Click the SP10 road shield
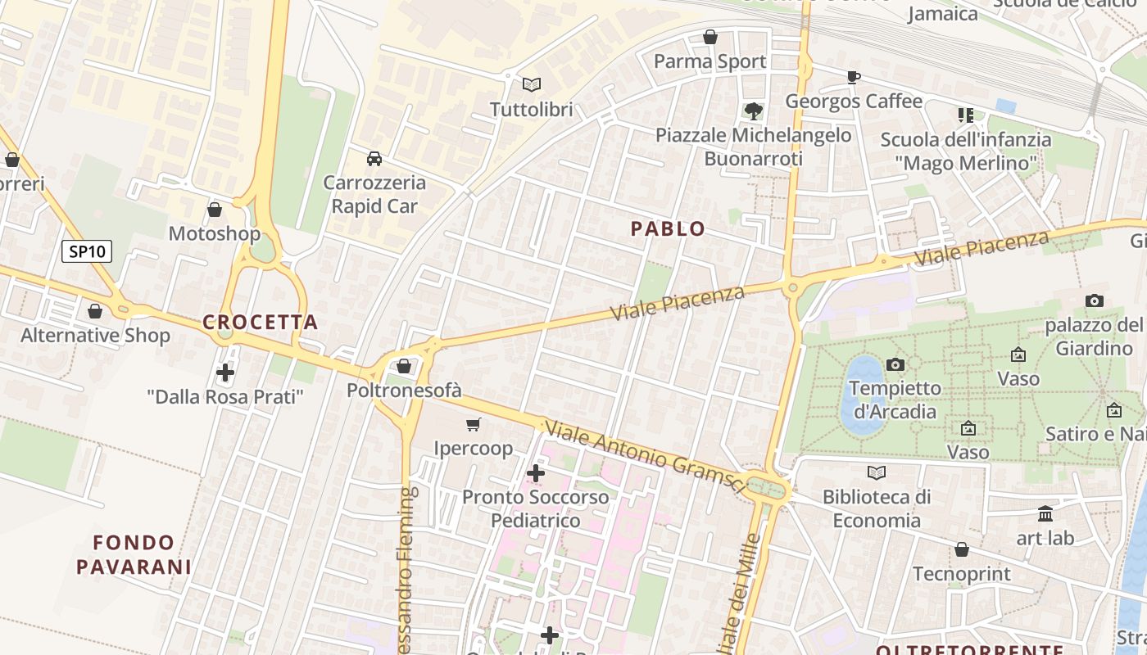(x=87, y=251)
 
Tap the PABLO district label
(x=668, y=229)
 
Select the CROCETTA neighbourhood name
(x=261, y=323)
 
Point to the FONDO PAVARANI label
(x=134, y=554)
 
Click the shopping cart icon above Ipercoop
(x=473, y=424)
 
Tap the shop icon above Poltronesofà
(x=404, y=366)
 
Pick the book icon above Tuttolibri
(x=532, y=84)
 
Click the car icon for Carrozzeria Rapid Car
(x=374, y=158)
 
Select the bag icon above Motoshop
(x=215, y=210)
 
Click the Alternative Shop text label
(x=95, y=336)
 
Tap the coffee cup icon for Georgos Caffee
(x=853, y=77)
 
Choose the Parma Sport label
(x=710, y=61)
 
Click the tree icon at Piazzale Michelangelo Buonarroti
(x=753, y=111)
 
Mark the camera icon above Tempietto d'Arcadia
(x=895, y=364)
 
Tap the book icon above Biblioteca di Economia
(x=877, y=472)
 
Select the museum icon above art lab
(x=1045, y=514)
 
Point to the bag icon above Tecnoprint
(x=962, y=549)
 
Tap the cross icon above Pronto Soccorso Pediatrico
(x=536, y=473)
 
